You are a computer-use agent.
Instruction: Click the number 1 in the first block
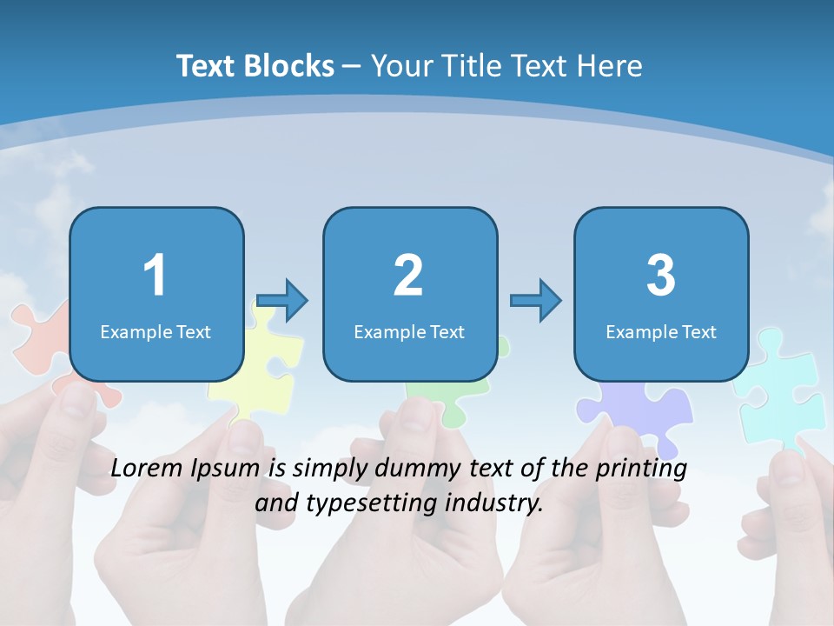[x=156, y=276]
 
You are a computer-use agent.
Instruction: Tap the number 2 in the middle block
[x=408, y=276]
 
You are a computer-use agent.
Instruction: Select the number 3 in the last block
[x=661, y=276]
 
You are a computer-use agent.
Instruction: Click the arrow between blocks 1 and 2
[x=282, y=301]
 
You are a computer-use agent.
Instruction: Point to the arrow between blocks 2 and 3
[x=535, y=301]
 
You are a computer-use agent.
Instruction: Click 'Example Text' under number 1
[x=156, y=331]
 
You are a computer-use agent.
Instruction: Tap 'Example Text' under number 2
[x=409, y=331]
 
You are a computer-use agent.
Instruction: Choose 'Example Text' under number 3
[x=661, y=331]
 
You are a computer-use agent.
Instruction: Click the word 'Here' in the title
[x=612, y=66]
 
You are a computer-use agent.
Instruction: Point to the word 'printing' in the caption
[x=641, y=469]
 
